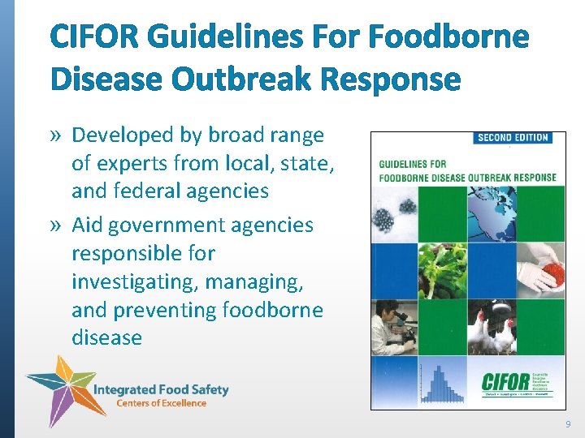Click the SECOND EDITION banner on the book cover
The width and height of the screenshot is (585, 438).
[x=513, y=138]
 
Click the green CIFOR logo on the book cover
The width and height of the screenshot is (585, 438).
[x=509, y=380]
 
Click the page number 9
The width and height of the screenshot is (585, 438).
[x=568, y=423]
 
